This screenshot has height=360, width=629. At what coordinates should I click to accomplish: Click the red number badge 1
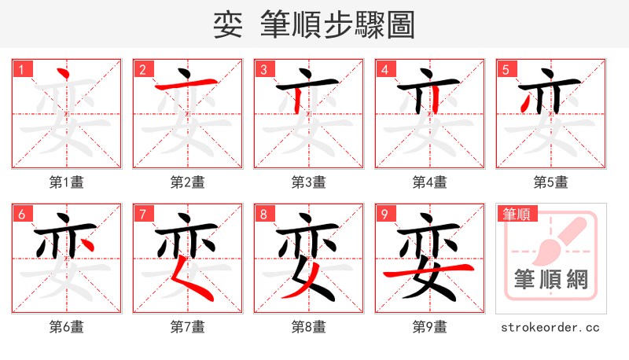(21, 70)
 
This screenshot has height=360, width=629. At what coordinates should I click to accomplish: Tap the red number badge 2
(142, 70)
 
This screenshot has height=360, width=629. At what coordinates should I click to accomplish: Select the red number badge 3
(263, 70)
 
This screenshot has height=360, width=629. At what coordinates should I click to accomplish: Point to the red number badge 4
(384, 70)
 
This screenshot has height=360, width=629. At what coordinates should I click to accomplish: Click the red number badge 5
(506, 70)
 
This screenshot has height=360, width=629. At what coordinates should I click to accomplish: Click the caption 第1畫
(67, 182)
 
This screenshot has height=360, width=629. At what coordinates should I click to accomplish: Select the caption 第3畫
(309, 182)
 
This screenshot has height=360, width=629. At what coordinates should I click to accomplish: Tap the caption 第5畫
(551, 182)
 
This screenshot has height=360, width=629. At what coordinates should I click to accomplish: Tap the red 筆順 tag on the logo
(516, 214)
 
